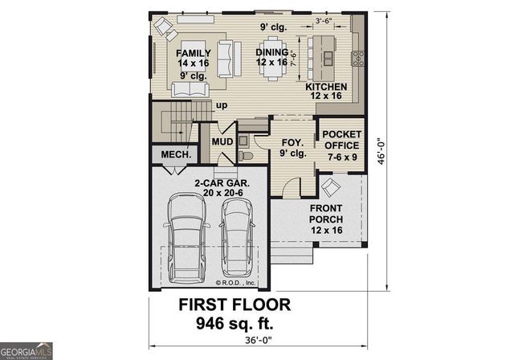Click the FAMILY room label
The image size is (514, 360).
(193, 53)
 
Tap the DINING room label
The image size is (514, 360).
(271, 53)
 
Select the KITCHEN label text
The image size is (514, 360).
(326, 87)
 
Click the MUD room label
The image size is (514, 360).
(222, 141)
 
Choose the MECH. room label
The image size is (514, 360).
(175, 153)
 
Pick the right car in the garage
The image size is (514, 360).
(236, 236)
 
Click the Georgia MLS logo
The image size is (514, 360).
(27, 350)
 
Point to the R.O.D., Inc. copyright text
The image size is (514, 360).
(235, 283)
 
